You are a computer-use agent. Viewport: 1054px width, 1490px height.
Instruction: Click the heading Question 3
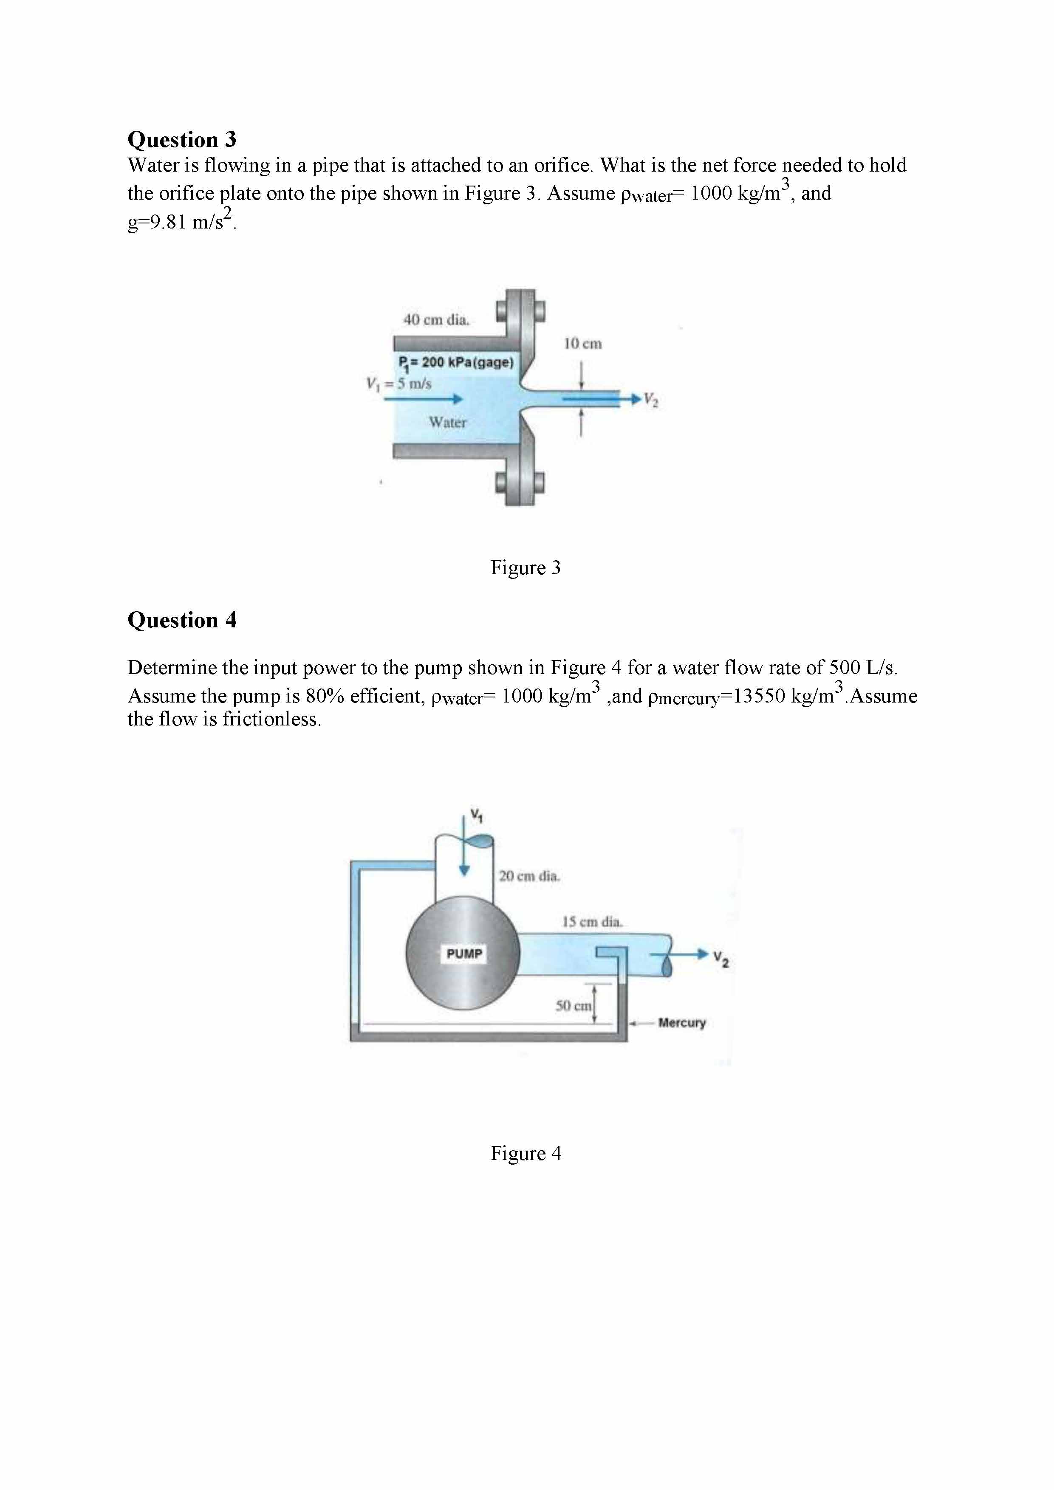pos(182,139)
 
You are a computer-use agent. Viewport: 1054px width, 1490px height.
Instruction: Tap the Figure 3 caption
pos(525,568)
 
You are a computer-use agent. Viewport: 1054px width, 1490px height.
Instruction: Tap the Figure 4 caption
pos(525,1153)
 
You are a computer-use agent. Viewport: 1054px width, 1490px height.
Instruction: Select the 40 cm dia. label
pos(436,319)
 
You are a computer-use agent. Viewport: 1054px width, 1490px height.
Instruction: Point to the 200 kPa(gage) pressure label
pos(455,362)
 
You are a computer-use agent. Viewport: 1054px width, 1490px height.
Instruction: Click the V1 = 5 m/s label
pos(398,384)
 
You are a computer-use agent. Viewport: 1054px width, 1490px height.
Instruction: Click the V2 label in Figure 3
pos(651,401)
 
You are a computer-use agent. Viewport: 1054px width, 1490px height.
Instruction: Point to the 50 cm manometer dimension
pos(573,1006)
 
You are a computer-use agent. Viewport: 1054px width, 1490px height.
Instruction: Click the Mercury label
pos(681,1023)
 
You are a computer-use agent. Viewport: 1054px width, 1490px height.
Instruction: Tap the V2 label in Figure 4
pos(721,959)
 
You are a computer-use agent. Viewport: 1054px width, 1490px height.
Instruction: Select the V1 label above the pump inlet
pos(477,815)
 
